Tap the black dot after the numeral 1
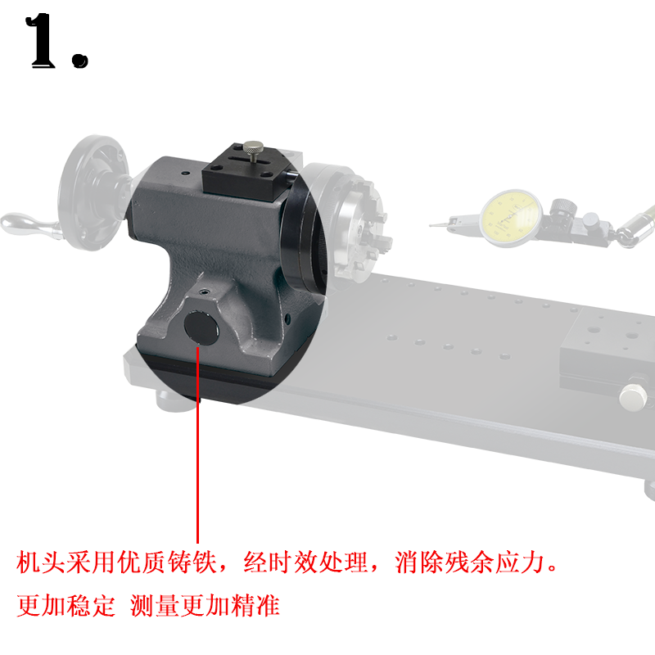click(x=79, y=60)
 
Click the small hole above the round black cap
click(x=202, y=291)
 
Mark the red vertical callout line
click(x=198, y=442)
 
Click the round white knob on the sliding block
click(x=633, y=398)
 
